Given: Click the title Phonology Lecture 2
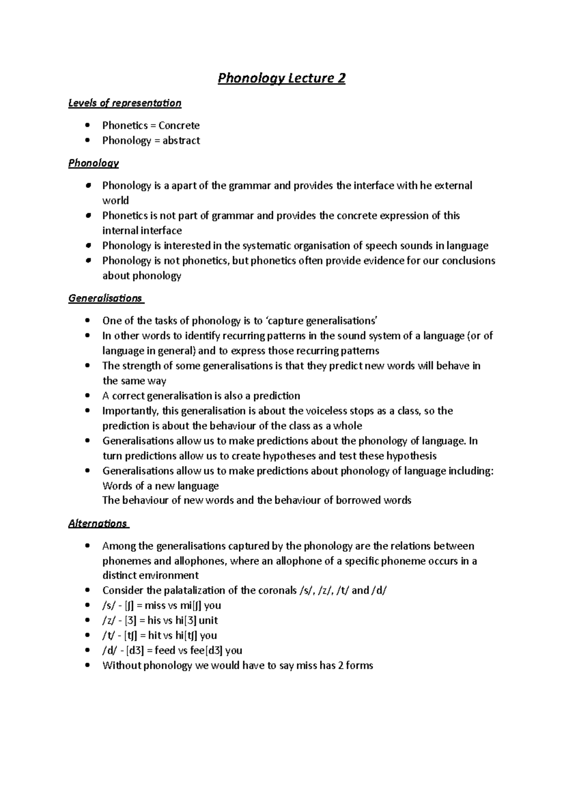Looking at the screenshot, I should (282, 78).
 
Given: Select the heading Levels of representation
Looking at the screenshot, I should (125, 103).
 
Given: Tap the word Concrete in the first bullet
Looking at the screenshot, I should (179, 125).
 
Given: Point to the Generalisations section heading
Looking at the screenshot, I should (105, 298).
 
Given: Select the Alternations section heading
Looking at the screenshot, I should (98, 524).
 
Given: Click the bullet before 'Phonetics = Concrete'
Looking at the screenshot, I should (87, 125).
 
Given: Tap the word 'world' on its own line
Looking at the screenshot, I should (115, 201).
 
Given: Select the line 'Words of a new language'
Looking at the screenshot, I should (160, 486).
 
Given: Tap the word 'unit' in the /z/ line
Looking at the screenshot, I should (208, 620).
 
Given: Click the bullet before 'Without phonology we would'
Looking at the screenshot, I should (87, 665).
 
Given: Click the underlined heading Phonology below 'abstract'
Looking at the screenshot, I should (94, 163).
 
